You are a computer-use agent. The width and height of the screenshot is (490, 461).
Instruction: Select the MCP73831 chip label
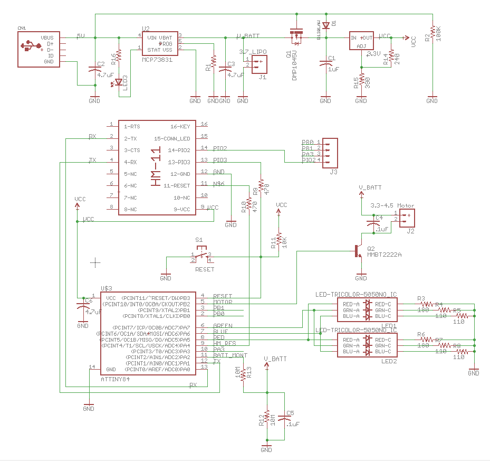[158, 60]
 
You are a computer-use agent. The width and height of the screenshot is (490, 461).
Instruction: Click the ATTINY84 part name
[114, 379]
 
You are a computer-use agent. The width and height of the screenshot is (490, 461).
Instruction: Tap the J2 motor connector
[407, 218]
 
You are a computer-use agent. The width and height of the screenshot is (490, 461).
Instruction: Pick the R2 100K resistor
[432, 33]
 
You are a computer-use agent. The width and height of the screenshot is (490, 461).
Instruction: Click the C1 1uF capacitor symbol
[325, 64]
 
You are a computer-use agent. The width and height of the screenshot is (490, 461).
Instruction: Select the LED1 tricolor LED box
[367, 310]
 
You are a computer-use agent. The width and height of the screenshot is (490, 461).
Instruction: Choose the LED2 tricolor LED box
[367, 345]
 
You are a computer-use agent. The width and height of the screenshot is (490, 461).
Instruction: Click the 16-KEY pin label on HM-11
[180, 127]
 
